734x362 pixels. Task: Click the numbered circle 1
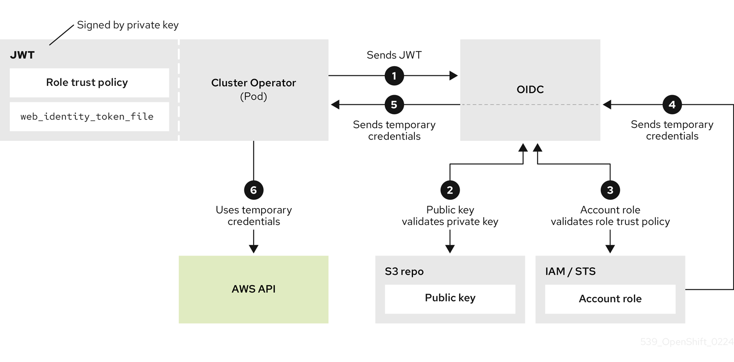(394, 76)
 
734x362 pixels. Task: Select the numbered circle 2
(450, 190)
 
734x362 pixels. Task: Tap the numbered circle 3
(610, 190)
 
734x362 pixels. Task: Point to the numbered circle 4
(672, 104)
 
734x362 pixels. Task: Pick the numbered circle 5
(394, 104)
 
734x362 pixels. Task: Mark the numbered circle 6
(254, 190)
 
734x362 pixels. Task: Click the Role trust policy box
(89, 83)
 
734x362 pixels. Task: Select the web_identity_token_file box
(89, 116)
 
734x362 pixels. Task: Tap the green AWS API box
(254, 289)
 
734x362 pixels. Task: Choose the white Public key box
(450, 299)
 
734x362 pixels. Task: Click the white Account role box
(610, 299)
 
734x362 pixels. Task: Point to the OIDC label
(530, 90)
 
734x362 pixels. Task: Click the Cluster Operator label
(254, 83)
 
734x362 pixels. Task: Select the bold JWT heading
(22, 55)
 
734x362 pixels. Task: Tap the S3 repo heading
(404, 272)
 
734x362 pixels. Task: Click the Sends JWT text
(394, 55)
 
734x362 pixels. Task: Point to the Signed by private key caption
(127, 25)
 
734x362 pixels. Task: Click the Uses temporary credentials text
(254, 216)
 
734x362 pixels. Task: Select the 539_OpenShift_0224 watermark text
(687, 342)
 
